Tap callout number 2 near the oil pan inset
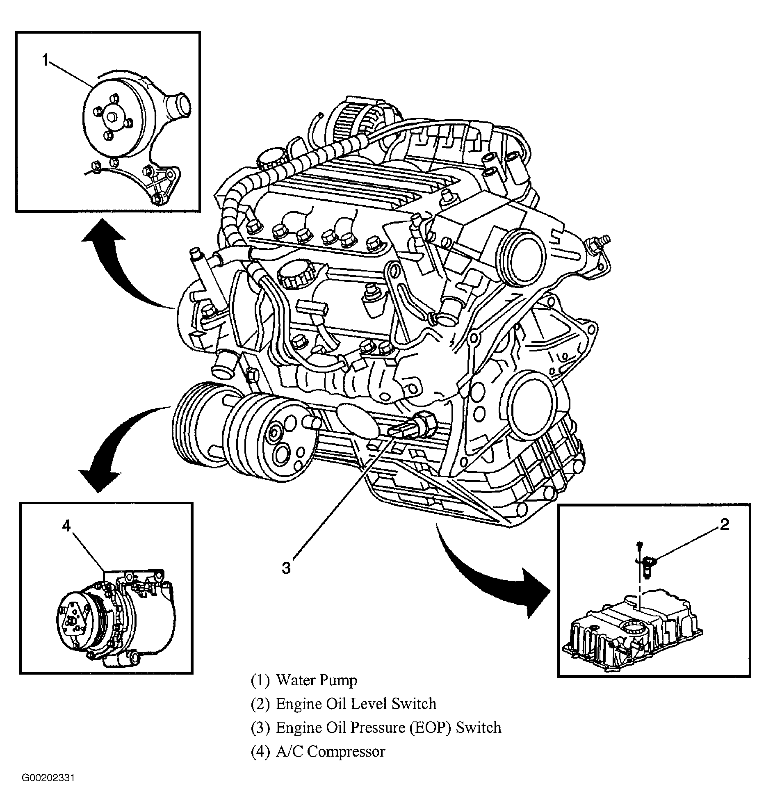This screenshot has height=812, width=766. coord(725,524)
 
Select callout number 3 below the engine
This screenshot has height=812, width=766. coord(286,568)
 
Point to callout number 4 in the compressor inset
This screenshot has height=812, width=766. coord(67,526)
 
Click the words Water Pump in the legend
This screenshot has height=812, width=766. coord(317,680)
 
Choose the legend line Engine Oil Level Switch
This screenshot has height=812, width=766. coord(356,704)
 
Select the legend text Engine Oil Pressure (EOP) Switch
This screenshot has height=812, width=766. coord(389,728)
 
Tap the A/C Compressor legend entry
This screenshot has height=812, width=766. coord(331,752)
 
